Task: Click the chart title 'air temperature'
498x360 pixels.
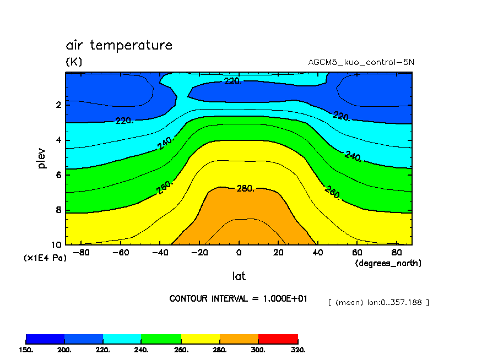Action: tap(119, 45)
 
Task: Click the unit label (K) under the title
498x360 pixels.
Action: tap(74, 62)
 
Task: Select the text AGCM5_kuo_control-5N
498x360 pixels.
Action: tap(361, 62)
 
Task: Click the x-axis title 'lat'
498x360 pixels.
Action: tap(239, 276)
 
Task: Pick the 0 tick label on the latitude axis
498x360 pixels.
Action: tap(239, 253)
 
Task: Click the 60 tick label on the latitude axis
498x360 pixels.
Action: tap(357, 253)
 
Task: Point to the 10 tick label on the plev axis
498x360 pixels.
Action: tap(56, 245)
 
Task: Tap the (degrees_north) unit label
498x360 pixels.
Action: tap(388, 263)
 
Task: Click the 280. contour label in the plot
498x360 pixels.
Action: tap(245, 189)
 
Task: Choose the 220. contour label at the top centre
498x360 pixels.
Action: tap(232, 81)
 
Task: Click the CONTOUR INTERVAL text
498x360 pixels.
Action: tap(238, 298)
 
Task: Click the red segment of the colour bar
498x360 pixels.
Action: tap(278, 338)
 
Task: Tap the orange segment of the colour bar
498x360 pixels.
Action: tap(239, 338)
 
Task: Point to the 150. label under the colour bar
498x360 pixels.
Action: tap(26, 350)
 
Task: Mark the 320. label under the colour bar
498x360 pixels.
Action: tap(297, 350)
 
